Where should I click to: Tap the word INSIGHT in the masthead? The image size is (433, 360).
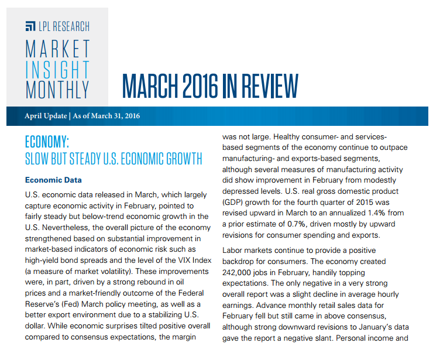click(x=57, y=69)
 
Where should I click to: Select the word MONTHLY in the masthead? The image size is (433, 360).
click(x=57, y=89)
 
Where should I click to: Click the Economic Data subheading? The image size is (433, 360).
click(x=53, y=180)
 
